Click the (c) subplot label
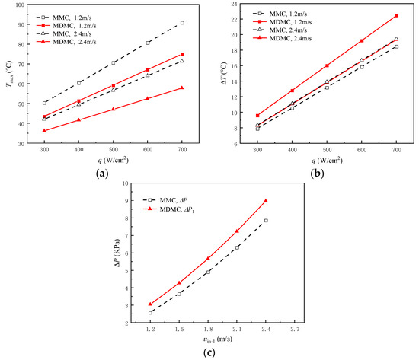tap(209, 352)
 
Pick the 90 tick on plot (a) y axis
tap(22, 24)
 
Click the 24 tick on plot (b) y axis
tap(238, 5)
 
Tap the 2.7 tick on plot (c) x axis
tap(295, 331)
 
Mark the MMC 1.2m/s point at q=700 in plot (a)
tap(181, 23)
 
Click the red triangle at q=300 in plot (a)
tap(44, 130)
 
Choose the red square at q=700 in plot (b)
tap(396, 16)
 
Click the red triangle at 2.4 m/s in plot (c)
tap(266, 201)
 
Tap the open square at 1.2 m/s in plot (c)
tap(150, 312)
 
